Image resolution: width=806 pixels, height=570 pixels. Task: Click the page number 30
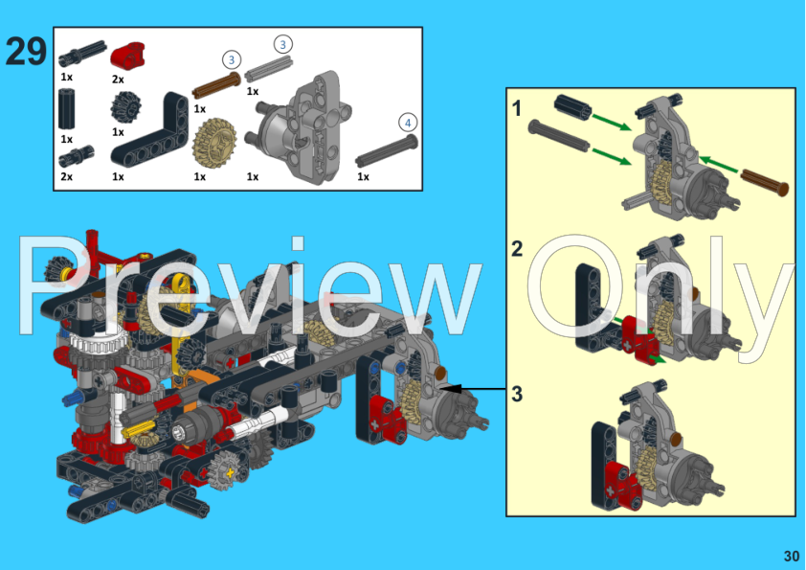click(x=790, y=556)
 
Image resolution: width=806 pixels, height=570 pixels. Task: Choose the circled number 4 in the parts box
click(x=408, y=122)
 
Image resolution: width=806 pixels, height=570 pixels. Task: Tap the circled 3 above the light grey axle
click(x=281, y=44)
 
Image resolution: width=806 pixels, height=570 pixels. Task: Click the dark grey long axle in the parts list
click(x=388, y=151)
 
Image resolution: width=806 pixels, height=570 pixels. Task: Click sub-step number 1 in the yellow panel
click(x=517, y=108)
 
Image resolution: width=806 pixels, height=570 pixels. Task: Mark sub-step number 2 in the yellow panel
click(x=517, y=250)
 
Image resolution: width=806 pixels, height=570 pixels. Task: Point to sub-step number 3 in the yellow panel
click(x=517, y=394)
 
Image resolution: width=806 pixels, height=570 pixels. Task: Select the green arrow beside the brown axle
click(x=720, y=167)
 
